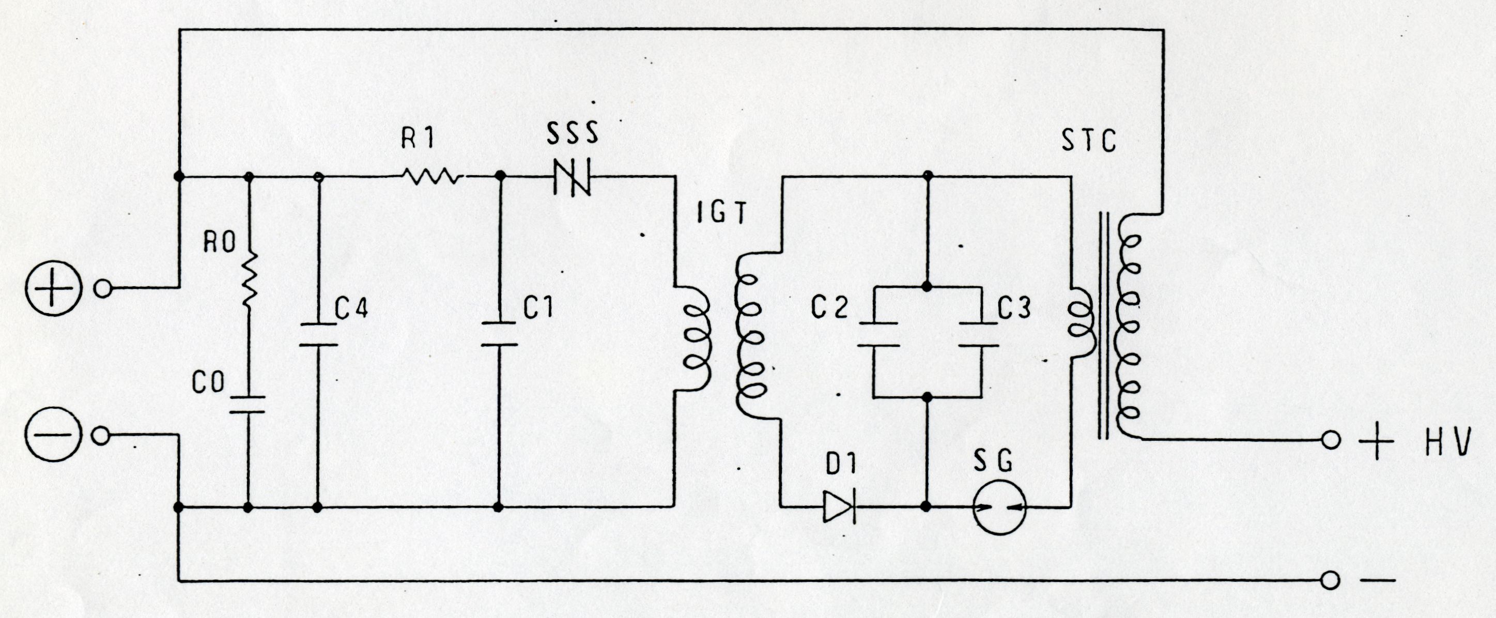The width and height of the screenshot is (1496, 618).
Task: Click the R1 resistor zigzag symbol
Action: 433,176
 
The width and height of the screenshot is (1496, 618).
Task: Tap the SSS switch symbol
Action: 572,176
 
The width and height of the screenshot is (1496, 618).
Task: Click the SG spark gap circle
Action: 999,507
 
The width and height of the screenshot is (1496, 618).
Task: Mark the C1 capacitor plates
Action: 499,333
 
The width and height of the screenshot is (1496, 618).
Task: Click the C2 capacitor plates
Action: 878,334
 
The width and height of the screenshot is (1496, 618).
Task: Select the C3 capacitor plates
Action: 979,334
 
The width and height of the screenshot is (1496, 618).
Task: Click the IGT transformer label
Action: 720,214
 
